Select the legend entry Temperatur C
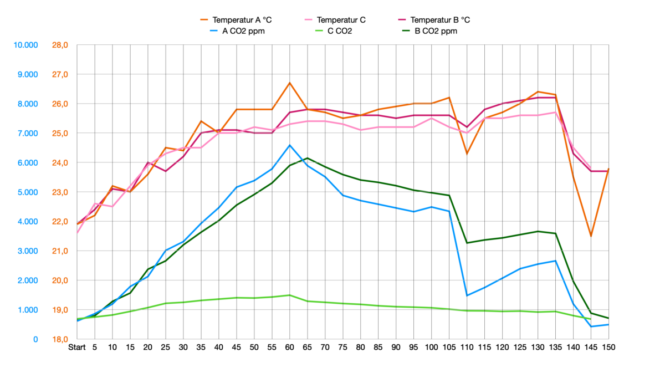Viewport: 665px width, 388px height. pos(341,20)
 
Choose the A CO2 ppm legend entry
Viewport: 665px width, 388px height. pos(243,31)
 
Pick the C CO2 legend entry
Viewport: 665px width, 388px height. pos(340,31)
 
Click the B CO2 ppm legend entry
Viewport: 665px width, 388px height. pos(436,31)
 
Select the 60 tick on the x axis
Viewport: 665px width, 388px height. pos(289,347)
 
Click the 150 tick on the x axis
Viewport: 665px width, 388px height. pos(608,347)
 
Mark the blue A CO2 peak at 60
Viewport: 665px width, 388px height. pos(289,145)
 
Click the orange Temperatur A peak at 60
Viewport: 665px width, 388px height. pos(289,83)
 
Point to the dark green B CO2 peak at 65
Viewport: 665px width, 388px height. pos(307,158)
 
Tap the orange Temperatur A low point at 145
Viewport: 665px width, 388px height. pos(591,236)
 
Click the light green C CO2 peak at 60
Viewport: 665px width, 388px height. pos(289,295)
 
